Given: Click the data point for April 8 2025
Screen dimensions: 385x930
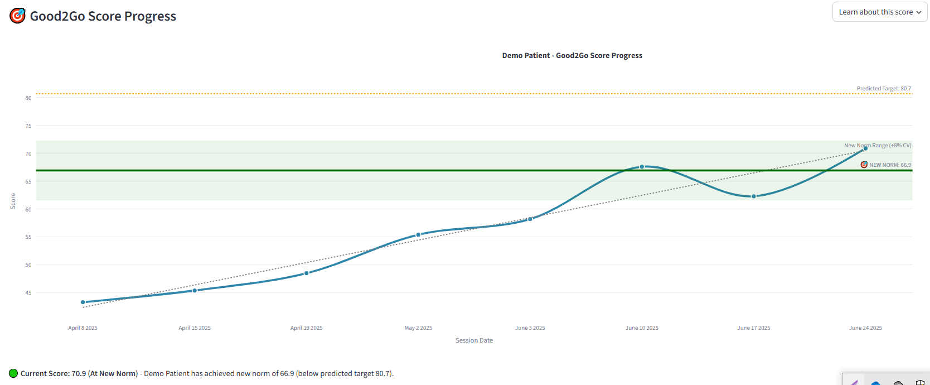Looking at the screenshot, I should pos(83,302).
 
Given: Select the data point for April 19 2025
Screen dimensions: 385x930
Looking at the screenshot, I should pos(307,273).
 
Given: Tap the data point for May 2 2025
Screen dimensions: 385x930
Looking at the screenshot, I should pos(418,235).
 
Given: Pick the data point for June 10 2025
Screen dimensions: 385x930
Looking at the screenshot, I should pos(642,167).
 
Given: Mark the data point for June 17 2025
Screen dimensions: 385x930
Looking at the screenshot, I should pos(754,196).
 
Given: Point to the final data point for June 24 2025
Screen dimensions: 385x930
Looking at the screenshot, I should pos(865,148).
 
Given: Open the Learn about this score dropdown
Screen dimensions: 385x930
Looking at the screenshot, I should pos(879,12).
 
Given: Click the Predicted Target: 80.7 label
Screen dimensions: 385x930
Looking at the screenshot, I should pos(884,89).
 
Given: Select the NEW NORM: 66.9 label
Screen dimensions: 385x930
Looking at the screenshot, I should pos(890,165).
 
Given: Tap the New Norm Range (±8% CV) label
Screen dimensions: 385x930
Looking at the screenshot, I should pos(878,146).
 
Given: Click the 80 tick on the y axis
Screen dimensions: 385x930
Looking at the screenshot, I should pos(28,98).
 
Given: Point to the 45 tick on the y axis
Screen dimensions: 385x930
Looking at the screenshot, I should pos(28,293).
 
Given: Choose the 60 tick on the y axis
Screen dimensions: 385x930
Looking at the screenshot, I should pos(28,210).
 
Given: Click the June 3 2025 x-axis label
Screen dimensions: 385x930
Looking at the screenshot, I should pos(530,328).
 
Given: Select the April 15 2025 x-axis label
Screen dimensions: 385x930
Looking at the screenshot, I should pos(195,328).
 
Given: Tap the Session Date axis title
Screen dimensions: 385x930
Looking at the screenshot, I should pos(474,340).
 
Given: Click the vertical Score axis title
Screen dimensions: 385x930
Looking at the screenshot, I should pos(13,201).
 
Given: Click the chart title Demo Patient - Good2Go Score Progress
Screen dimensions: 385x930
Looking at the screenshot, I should pos(572,56).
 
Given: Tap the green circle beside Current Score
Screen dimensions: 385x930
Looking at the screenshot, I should pos(13,373).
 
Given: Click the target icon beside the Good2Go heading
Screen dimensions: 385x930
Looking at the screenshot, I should pos(18,16).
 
